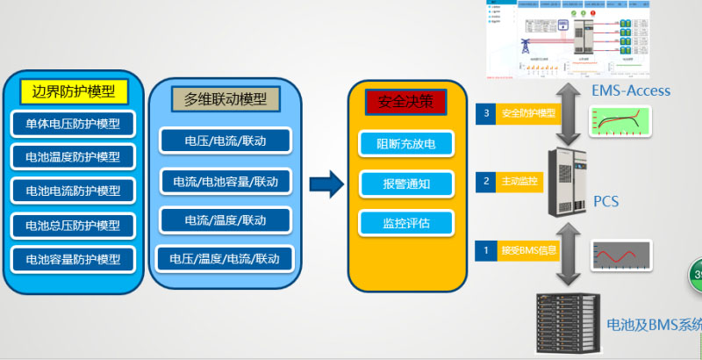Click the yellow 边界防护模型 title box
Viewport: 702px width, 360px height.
coord(74,90)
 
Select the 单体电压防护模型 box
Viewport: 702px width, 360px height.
coord(74,124)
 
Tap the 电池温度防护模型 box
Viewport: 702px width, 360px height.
coord(74,157)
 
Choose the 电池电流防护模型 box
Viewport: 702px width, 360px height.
coord(74,191)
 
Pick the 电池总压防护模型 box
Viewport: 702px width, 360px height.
coord(74,225)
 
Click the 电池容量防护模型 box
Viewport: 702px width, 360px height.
coord(74,259)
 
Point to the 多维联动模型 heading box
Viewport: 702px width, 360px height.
coord(226,99)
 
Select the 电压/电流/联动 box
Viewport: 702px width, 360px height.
coord(226,140)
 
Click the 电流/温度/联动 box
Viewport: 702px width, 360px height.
coord(226,220)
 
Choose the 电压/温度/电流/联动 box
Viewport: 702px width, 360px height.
coord(226,258)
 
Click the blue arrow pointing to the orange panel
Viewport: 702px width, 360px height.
coord(326,184)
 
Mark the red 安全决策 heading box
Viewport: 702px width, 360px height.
coord(405,102)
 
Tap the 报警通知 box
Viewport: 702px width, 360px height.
coord(405,184)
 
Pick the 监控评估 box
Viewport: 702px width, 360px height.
coord(405,222)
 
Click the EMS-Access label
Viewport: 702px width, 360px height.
coord(631,90)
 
